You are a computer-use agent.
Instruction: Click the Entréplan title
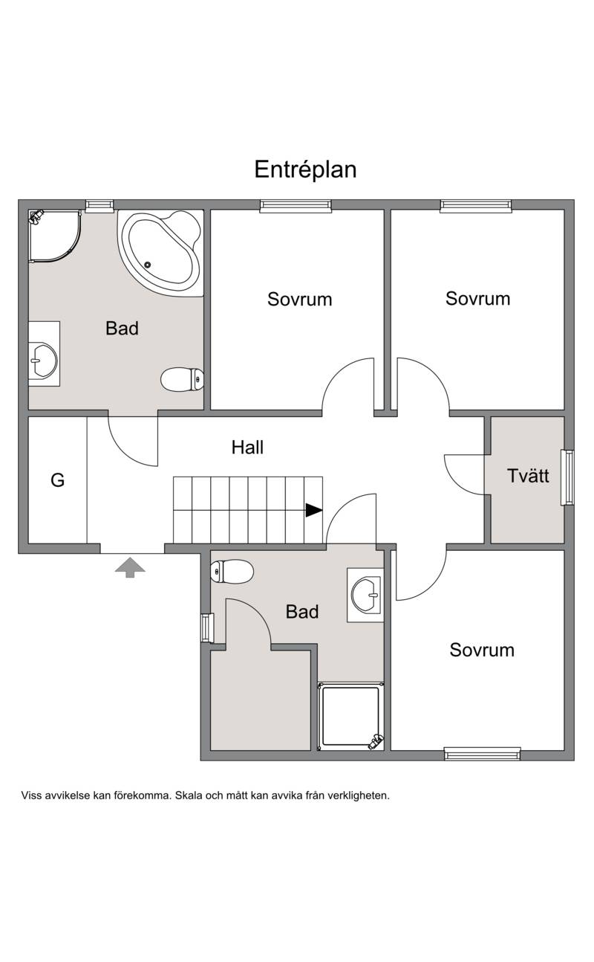pyautogui.click(x=305, y=170)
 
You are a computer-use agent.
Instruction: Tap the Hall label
pyautogui.click(x=247, y=447)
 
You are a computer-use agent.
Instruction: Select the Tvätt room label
pyautogui.click(x=528, y=475)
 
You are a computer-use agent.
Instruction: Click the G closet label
pyautogui.click(x=57, y=480)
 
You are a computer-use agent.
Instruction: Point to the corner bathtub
pyautogui.click(x=160, y=253)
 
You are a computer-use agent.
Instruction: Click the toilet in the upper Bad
pyautogui.click(x=182, y=379)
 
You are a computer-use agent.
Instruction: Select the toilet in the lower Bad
pyautogui.click(x=232, y=572)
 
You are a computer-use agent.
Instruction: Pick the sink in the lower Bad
pyautogui.click(x=366, y=595)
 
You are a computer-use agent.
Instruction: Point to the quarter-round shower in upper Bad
pyautogui.click(x=54, y=236)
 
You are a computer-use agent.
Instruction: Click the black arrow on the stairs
pyautogui.click(x=314, y=510)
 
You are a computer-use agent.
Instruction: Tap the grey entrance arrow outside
pyautogui.click(x=130, y=567)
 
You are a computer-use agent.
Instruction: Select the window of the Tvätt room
pyautogui.click(x=567, y=477)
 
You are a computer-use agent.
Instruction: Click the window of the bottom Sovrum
pyautogui.click(x=483, y=754)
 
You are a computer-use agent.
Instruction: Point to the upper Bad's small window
pyautogui.click(x=99, y=206)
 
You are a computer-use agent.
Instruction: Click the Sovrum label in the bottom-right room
pyautogui.click(x=482, y=650)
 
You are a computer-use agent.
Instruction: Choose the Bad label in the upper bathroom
pyautogui.click(x=123, y=328)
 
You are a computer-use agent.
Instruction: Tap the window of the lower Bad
pyautogui.click(x=207, y=628)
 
